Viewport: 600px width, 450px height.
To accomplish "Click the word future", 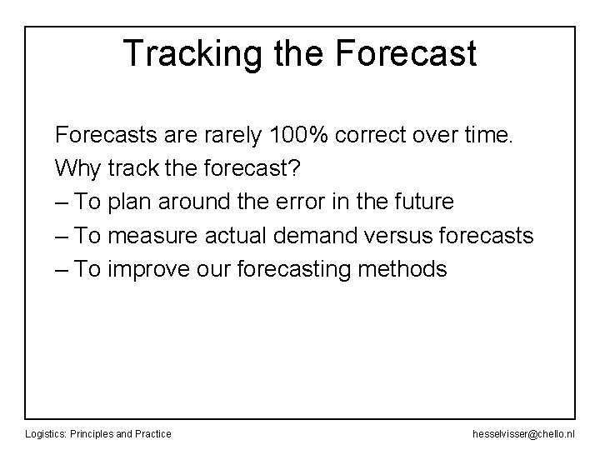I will point(423,202).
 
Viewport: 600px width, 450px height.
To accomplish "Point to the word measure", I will point(149,236).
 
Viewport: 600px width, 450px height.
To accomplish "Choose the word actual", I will point(230,236).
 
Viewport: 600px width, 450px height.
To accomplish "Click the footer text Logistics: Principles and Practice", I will point(98,433).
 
